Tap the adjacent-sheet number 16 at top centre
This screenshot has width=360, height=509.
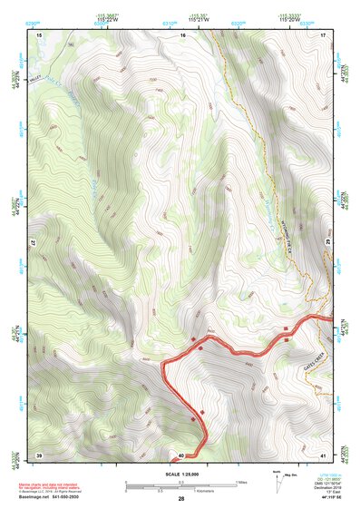tap(182, 34)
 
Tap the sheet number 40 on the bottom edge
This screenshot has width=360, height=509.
tap(181, 455)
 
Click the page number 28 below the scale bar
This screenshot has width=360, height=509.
tap(181, 499)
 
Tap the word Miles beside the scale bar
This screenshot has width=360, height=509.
tap(241, 481)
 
